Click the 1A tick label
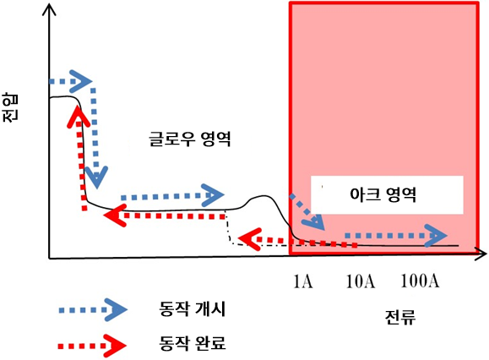303,281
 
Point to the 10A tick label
361,281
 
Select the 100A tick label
420,281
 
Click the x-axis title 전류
400,317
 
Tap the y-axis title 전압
11,107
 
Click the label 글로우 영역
190,139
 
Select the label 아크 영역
383,194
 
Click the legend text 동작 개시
192,309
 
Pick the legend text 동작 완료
192,344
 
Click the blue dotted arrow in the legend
93,310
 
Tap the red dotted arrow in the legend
92,346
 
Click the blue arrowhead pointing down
96,177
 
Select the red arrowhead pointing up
79,117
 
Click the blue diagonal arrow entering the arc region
307,212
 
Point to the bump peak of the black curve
264,196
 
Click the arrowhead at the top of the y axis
49,10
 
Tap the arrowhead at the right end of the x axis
481,254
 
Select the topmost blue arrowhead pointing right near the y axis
80,81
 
